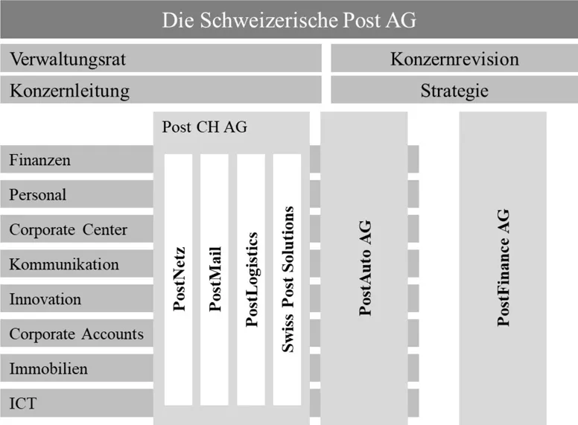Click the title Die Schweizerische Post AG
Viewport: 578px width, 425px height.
coord(289,20)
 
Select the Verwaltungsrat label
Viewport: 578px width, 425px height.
coord(68,60)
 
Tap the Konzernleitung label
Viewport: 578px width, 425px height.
coord(70,91)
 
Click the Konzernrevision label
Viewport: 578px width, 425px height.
coord(454,59)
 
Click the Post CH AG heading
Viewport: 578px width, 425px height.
coord(205,127)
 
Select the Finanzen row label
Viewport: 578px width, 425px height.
coord(39,160)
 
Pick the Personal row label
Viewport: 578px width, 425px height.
coord(38,195)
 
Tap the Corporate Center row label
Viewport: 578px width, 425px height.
coord(69,230)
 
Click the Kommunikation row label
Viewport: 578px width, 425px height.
coord(64,264)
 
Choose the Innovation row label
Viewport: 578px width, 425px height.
coord(45,299)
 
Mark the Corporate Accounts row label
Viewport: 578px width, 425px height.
coord(76,334)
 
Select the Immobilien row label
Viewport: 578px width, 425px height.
coord(48,368)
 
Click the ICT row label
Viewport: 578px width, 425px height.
coord(23,403)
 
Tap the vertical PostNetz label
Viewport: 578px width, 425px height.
coord(180,279)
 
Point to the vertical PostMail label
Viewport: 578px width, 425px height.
coord(215,279)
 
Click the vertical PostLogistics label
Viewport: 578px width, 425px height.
coord(252,280)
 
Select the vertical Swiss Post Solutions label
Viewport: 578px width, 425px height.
coord(288,280)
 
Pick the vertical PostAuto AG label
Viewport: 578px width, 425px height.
coord(365,268)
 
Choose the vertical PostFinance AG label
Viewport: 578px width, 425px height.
coord(504,268)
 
